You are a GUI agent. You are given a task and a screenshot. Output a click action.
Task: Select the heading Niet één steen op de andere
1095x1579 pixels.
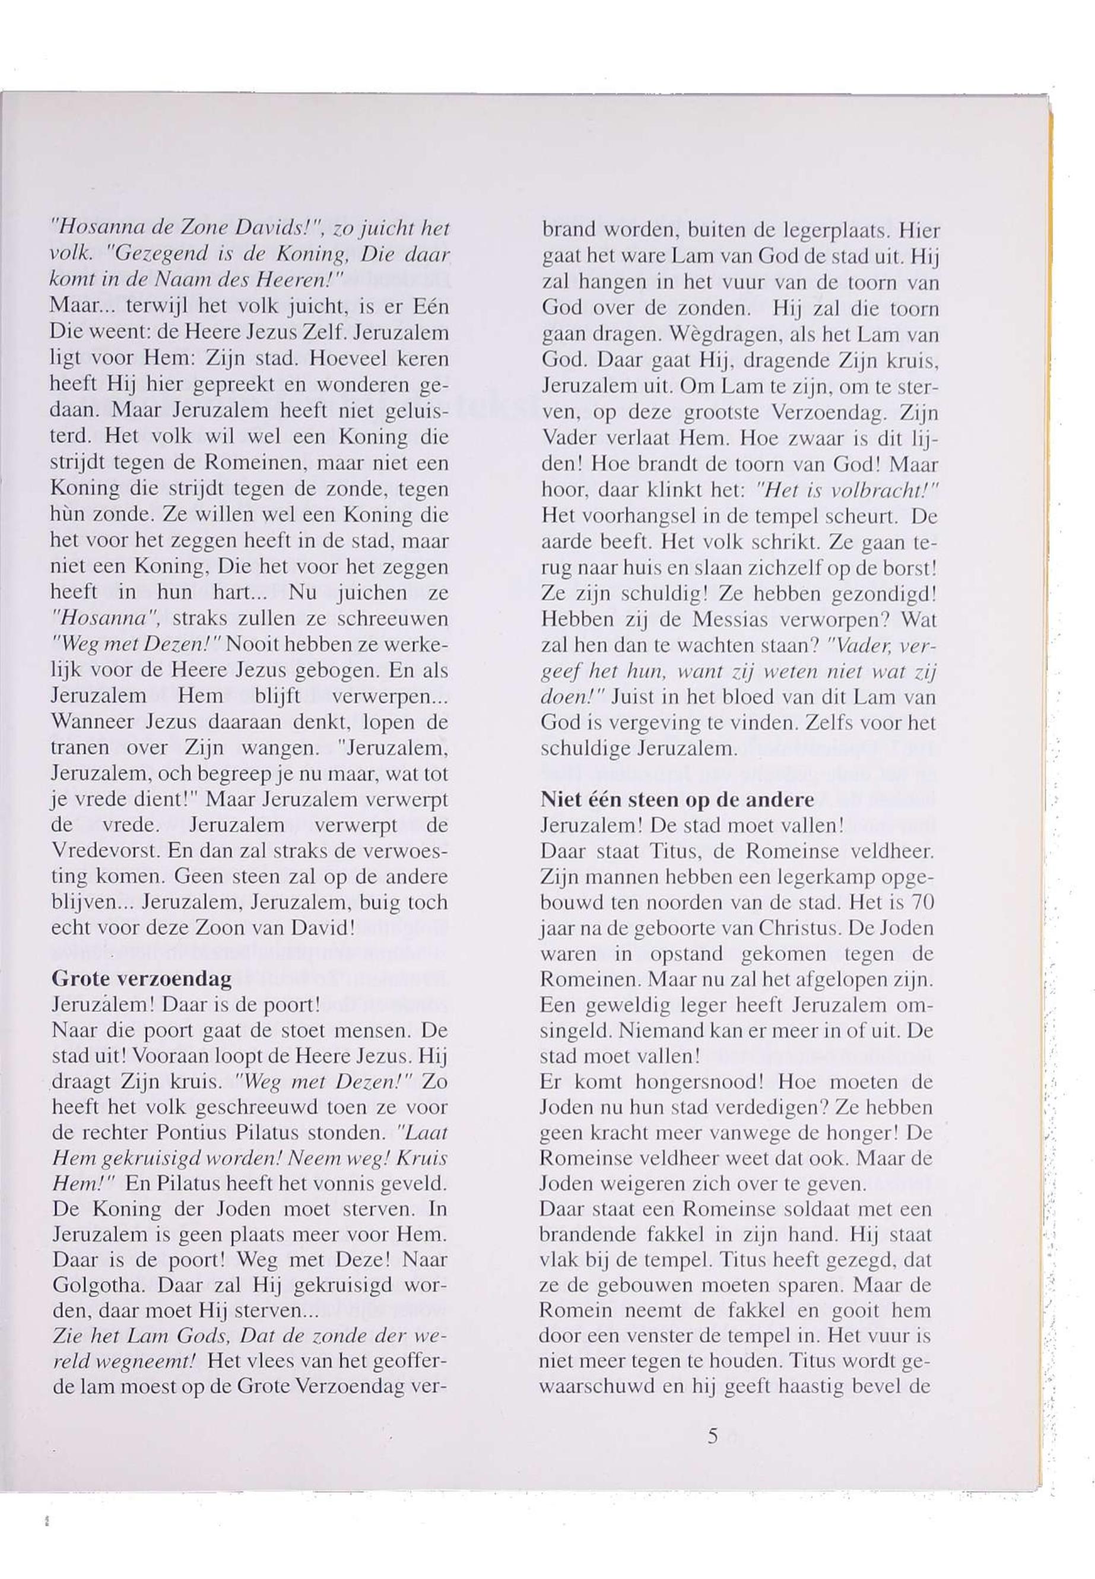click(677, 801)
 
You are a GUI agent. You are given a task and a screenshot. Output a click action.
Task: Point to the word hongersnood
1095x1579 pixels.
click(676, 1083)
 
